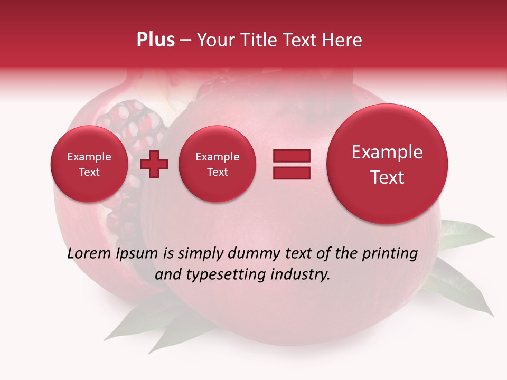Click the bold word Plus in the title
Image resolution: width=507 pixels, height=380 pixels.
(155, 40)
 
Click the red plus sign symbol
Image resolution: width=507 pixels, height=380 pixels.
(154, 164)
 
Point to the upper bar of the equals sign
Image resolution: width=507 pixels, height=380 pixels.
(291, 156)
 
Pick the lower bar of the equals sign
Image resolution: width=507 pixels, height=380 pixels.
(291, 173)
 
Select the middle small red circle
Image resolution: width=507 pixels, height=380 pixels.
(217, 164)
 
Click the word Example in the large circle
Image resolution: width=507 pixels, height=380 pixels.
(387, 152)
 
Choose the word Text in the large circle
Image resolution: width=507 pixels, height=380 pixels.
(387, 177)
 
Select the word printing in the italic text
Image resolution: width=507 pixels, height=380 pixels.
(389, 254)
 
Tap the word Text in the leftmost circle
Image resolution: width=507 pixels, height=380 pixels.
(89, 172)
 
